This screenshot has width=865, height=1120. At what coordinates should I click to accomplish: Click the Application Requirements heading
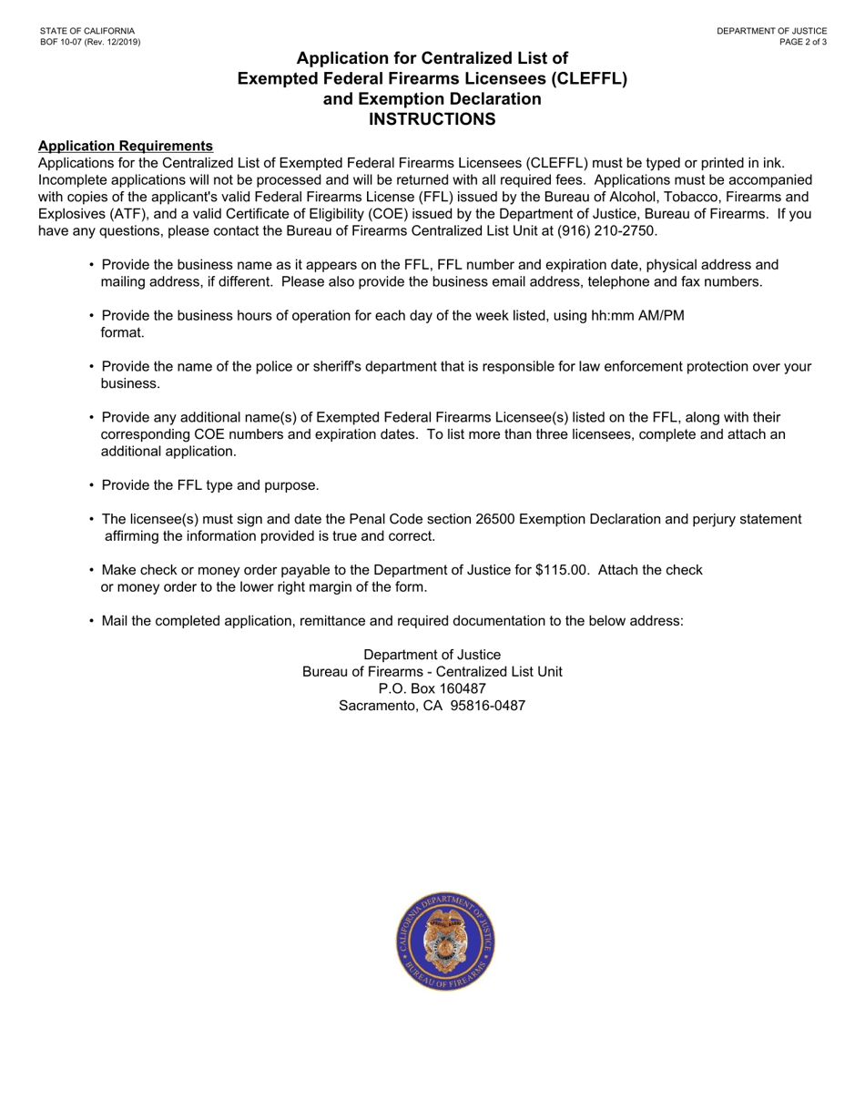(126, 146)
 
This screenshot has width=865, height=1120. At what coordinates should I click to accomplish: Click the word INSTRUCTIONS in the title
(432, 118)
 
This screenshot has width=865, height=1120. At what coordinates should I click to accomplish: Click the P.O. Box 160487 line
(432, 688)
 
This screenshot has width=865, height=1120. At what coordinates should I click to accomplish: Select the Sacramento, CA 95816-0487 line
(432, 706)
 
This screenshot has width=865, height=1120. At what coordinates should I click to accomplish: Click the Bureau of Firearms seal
(444, 942)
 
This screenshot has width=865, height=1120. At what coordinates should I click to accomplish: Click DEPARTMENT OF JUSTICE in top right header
(771, 31)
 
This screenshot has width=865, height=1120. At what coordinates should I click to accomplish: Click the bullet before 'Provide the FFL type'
(92, 484)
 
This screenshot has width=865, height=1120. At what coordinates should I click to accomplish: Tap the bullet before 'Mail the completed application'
(92, 621)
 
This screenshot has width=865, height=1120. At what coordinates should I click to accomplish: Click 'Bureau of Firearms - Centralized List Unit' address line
(432, 671)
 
